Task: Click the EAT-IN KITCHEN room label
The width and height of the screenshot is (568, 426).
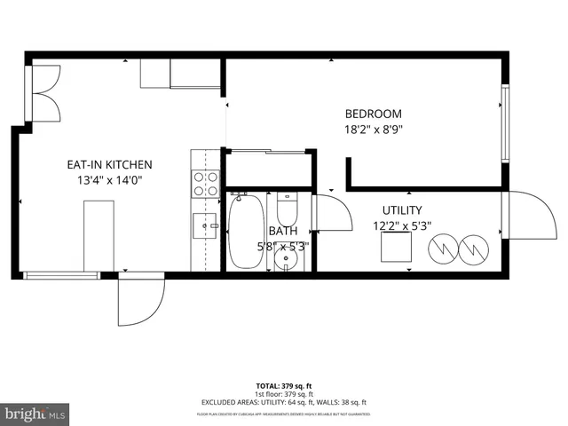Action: click(110, 164)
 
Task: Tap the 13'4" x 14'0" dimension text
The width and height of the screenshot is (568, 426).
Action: click(110, 180)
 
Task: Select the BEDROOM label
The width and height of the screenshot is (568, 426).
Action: click(373, 114)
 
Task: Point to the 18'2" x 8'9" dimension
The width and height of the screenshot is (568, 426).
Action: click(373, 130)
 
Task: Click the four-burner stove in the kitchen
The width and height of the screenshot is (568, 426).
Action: click(206, 184)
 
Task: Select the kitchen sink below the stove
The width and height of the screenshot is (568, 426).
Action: click(206, 226)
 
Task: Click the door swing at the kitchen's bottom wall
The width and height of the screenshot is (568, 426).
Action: click(142, 299)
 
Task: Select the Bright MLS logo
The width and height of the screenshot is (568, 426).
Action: click(35, 414)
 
